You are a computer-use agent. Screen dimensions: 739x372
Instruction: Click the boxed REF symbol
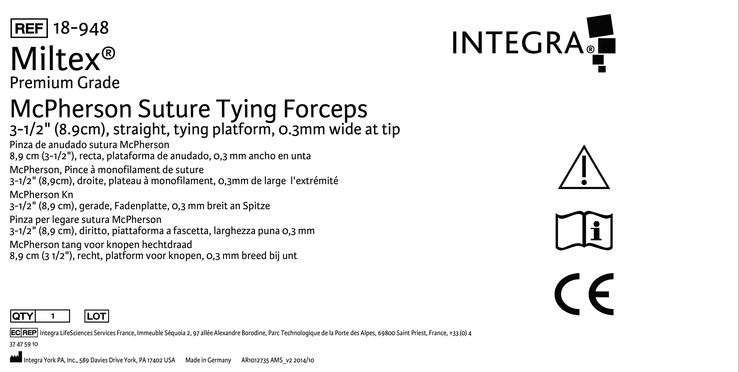[29, 28]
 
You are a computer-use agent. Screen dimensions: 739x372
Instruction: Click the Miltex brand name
[63, 59]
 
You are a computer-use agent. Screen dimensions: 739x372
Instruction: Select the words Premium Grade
[65, 83]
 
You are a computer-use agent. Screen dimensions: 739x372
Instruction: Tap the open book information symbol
[584, 231]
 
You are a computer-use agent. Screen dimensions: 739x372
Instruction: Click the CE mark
[584, 294]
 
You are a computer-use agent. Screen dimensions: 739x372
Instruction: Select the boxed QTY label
[23, 316]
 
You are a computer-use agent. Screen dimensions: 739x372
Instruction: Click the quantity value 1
[53, 316]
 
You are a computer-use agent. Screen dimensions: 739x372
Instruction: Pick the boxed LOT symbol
[97, 316]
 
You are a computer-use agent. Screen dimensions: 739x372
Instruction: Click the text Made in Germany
[208, 360]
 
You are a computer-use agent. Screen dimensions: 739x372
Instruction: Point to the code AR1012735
[255, 360]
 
